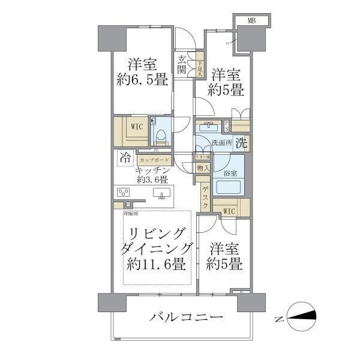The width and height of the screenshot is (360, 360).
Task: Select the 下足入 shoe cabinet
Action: [200, 64]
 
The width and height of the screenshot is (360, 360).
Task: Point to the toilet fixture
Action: [160, 133]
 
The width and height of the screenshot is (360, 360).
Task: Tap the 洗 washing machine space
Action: [241, 143]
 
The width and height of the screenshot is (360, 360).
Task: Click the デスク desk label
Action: [205, 197]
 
